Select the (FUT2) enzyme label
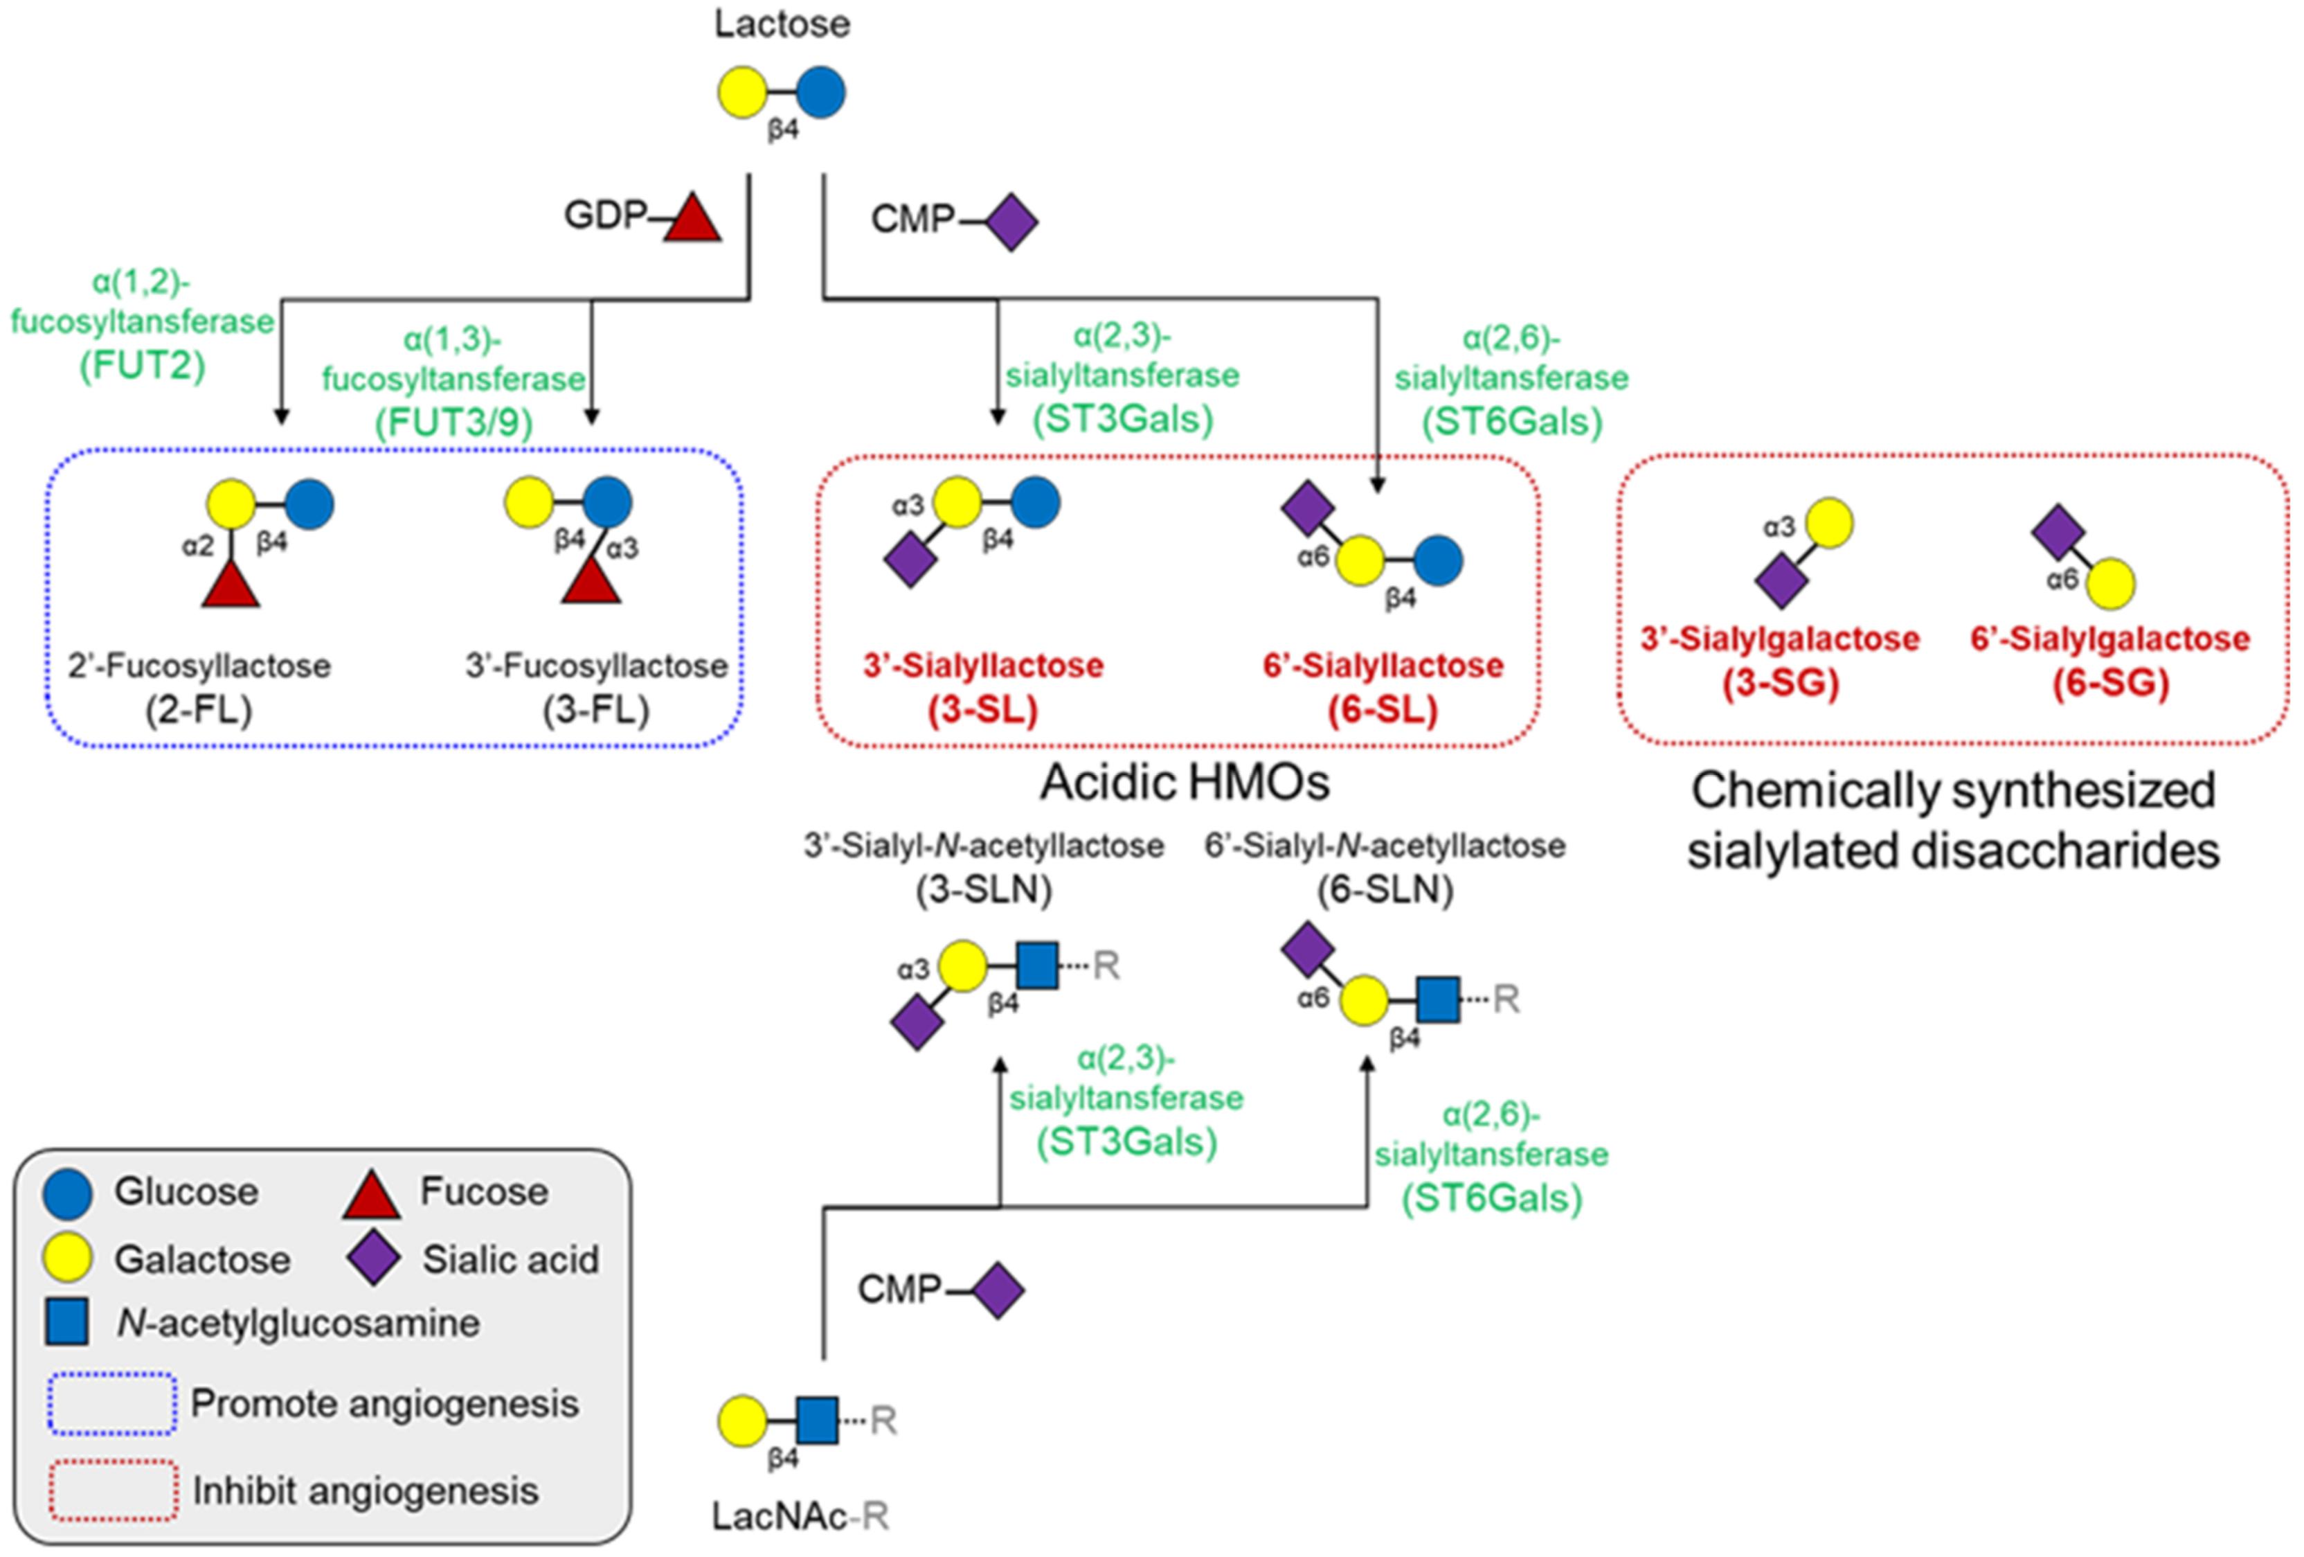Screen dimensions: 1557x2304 [x=143, y=366]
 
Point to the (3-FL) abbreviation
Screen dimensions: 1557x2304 [x=596, y=710]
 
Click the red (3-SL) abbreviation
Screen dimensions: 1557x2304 [x=982, y=710]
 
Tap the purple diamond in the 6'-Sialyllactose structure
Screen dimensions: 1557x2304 [x=1306, y=508]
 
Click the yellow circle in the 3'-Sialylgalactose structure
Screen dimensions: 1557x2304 [x=1828, y=524]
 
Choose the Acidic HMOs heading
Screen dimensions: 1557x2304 [x=1184, y=783]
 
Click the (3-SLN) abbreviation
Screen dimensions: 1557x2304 [x=982, y=889]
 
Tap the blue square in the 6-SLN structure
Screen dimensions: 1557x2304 [x=1437, y=999]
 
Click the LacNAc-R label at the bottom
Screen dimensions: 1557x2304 [x=800, y=1515]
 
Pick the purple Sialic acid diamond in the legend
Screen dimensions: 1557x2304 [x=374, y=1259]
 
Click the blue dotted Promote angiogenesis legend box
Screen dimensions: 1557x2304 [x=112, y=1403]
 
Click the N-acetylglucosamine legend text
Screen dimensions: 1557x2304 [x=298, y=1323]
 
